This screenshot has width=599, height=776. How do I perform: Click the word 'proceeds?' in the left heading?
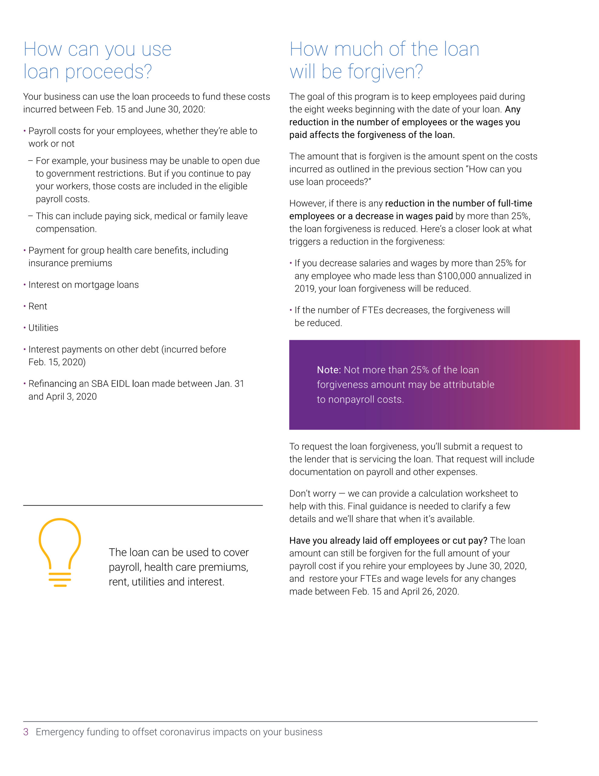coord(108,72)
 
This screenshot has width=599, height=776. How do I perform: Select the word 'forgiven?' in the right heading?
coord(385,72)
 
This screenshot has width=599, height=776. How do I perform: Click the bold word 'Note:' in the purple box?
coord(329,370)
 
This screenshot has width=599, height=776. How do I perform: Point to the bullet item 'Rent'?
coord(38,306)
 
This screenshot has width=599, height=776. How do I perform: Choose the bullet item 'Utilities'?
coord(43,328)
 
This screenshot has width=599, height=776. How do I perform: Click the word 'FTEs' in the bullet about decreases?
coord(372,310)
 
